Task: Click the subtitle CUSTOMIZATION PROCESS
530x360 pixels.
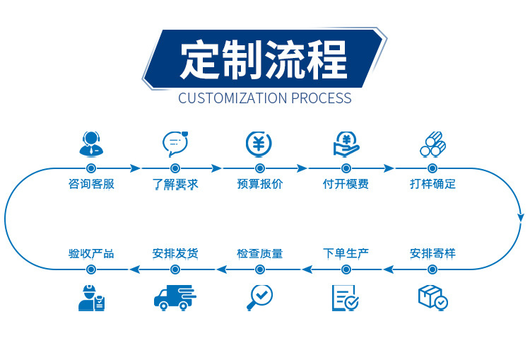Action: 264,98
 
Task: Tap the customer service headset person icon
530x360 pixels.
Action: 90,144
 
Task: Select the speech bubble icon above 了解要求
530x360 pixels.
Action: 175,144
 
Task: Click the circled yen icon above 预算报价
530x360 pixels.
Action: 259,144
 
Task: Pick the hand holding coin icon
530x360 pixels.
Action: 346,144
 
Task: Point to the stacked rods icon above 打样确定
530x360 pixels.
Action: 432,144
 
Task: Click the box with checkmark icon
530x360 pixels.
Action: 432,297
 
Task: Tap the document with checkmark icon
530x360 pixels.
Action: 346,298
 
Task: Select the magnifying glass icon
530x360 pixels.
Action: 259,297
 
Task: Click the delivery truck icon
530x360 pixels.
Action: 175,297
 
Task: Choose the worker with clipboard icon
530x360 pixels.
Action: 91,297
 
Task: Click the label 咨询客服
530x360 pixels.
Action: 91,185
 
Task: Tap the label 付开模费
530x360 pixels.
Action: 346,185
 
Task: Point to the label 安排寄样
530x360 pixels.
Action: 432,252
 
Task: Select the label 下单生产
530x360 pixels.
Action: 346,252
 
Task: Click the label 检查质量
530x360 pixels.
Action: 259,252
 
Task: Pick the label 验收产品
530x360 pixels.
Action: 91,252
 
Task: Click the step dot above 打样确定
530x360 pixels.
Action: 432,168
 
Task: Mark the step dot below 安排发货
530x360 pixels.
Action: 175,269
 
